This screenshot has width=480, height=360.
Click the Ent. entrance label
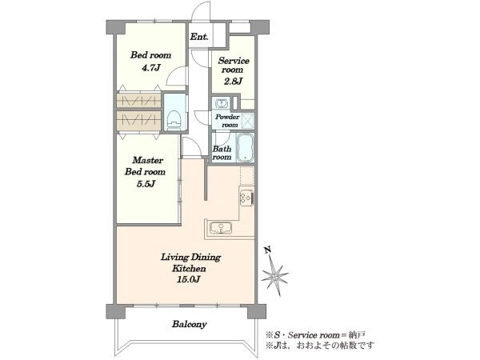(199, 37)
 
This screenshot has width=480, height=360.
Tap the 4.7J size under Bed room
(151, 68)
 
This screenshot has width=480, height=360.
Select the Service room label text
(234, 65)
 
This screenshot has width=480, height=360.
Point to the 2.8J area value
(233, 81)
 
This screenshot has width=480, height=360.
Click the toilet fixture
(174, 119)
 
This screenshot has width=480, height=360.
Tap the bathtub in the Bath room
(246, 147)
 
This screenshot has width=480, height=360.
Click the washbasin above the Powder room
(221, 103)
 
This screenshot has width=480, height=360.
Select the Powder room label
(227, 121)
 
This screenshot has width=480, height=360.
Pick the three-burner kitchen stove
(246, 198)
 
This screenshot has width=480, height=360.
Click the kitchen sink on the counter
(221, 228)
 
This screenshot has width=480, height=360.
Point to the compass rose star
(274, 276)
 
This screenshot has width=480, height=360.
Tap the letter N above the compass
(268, 250)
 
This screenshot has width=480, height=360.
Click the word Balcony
(189, 324)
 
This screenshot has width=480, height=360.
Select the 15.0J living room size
(188, 279)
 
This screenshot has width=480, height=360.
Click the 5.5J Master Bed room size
(146, 184)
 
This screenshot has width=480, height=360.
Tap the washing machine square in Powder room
(247, 121)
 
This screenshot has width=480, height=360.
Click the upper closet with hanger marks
(138, 101)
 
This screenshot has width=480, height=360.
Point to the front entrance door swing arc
(201, 13)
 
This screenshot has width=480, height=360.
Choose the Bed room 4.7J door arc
(176, 76)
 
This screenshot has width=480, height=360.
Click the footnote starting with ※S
(315, 334)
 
